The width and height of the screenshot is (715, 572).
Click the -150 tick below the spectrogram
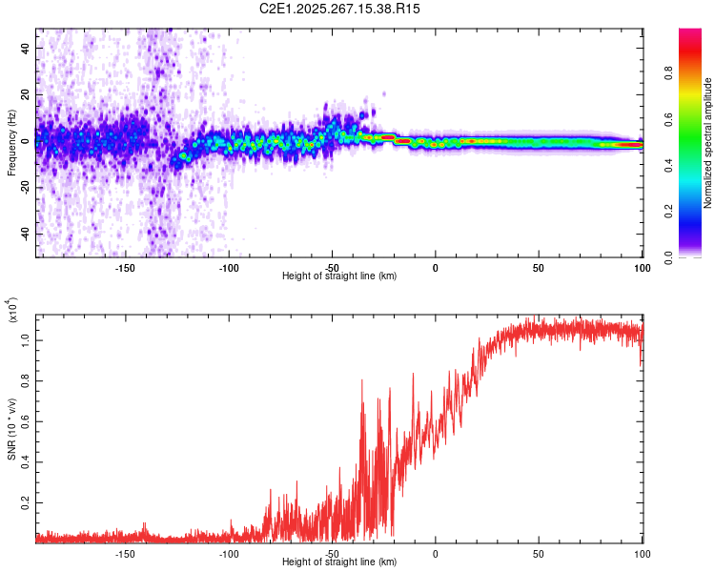click(x=125, y=268)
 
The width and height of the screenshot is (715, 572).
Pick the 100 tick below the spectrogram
click(x=642, y=268)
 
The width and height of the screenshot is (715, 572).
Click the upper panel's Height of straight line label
click(x=339, y=276)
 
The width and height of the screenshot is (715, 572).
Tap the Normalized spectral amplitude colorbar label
click(x=708, y=143)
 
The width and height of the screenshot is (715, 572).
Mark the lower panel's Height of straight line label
click(x=339, y=562)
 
